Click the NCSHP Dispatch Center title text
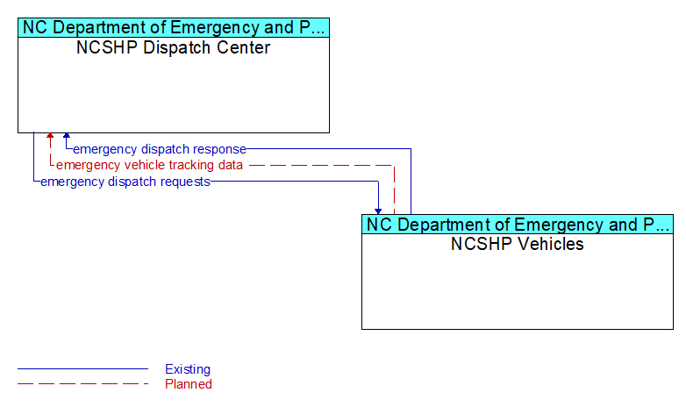pyautogui.click(x=173, y=47)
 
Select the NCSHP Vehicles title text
pyautogui.click(x=517, y=244)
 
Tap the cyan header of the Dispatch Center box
pyautogui.click(x=174, y=27)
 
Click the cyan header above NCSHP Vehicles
pyautogui.click(x=518, y=224)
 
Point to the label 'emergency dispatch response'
pyautogui.click(x=160, y=149)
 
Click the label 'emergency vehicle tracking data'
pyautogui.click(x=149, y=165)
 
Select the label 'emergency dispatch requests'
pyautogui.click(x=125, y=182)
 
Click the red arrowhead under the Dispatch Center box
pyautogui.click(x=50, y=136)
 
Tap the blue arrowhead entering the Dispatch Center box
pyautogui.click(x=67, y=136)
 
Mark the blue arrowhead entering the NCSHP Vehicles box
pyautogui.click(x=378, y=211)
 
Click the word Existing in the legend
pyautogui.click(x=188, y=369)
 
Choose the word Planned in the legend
pyautogui.click(x=189, y=384)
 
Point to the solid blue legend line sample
pyautogui.click(x=82, y=369)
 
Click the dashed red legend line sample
pyautogui.click(x=82, y=384)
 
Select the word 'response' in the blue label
pyautogui.click(x=219, y=150)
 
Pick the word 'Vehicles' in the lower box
pyautogui.click(x=551, y=244)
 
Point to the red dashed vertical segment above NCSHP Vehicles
pyautogui.click(x=394, y=190)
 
